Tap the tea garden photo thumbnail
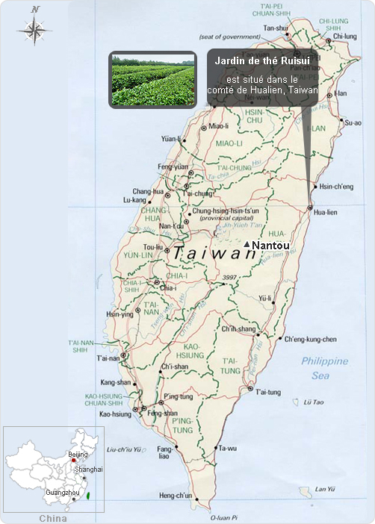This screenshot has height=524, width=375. [x=152, y=79]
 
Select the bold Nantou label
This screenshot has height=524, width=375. [x=271, y=245]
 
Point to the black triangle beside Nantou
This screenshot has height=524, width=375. [x=247, y=243]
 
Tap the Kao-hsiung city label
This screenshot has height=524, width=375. [x=115, y=413]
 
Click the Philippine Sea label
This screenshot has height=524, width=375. [x=324, y=368]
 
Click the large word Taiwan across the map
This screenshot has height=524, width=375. [x=214, y=254]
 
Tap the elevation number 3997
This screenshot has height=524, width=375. [x=229, y=278]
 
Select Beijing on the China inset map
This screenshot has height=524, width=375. [x=78, y=454]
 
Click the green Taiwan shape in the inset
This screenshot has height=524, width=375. [x=89, y=495]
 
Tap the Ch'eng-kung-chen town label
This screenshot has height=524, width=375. [x=311, y=339]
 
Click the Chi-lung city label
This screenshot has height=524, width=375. [x=344, y=36]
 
